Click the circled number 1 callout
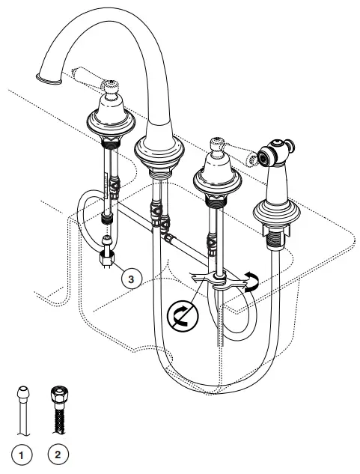(x=22, y=452)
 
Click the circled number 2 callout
(x=58, y=452)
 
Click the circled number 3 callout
(x=131, y=278)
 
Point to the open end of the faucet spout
(x=44, y=75)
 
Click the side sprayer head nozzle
(x=266, y=156)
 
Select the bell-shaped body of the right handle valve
(x=216, y=177)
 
